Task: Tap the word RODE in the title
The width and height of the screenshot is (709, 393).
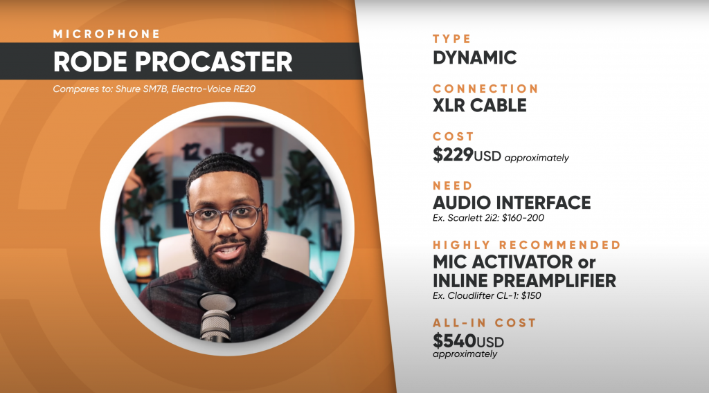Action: pos(90,62)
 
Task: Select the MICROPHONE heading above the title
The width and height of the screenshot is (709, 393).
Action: pos(106,34)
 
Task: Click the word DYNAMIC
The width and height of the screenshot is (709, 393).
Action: pos(475,58)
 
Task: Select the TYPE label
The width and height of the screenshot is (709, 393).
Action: pos(451,39)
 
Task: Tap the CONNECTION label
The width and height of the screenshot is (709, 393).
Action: pos(485,89)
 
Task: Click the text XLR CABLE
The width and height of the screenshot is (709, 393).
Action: pos(480,106)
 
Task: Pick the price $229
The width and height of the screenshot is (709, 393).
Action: pos(453,154)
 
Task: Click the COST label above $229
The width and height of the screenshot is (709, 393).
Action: pos(447,136)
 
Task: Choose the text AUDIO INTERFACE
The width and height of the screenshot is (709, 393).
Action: pos(512,203)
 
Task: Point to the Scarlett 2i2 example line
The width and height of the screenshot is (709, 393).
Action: pos(488,218)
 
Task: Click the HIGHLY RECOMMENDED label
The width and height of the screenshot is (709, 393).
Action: pos(527,245)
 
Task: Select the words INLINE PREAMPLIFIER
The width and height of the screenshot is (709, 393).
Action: pos(525,281)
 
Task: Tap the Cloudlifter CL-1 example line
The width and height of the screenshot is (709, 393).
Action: pos(487,296)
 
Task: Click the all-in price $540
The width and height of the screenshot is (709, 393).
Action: pos(454,340)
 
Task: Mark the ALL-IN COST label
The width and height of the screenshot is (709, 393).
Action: pos(484,323)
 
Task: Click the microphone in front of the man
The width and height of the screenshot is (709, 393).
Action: pos(217,316)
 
